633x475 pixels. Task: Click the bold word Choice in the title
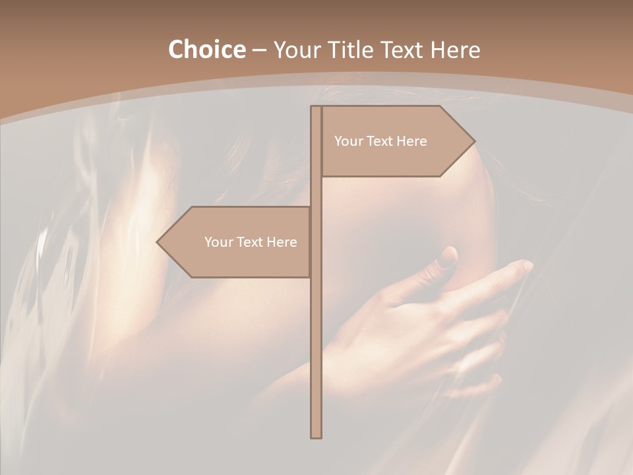pos(206,49)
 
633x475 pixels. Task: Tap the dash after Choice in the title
pos(259,50)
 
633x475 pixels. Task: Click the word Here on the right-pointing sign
pos(412,141)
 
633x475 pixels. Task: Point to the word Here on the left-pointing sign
pos(282,242)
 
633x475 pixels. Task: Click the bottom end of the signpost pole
pos(316,435)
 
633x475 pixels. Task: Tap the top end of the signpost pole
pos(316,108)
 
